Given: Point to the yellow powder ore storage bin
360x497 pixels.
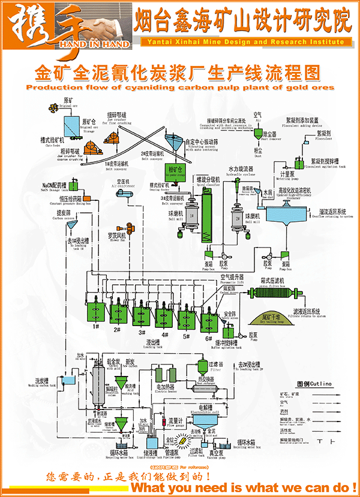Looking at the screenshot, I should pos(177,171).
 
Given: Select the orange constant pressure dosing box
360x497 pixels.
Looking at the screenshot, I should pos(88,198).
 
